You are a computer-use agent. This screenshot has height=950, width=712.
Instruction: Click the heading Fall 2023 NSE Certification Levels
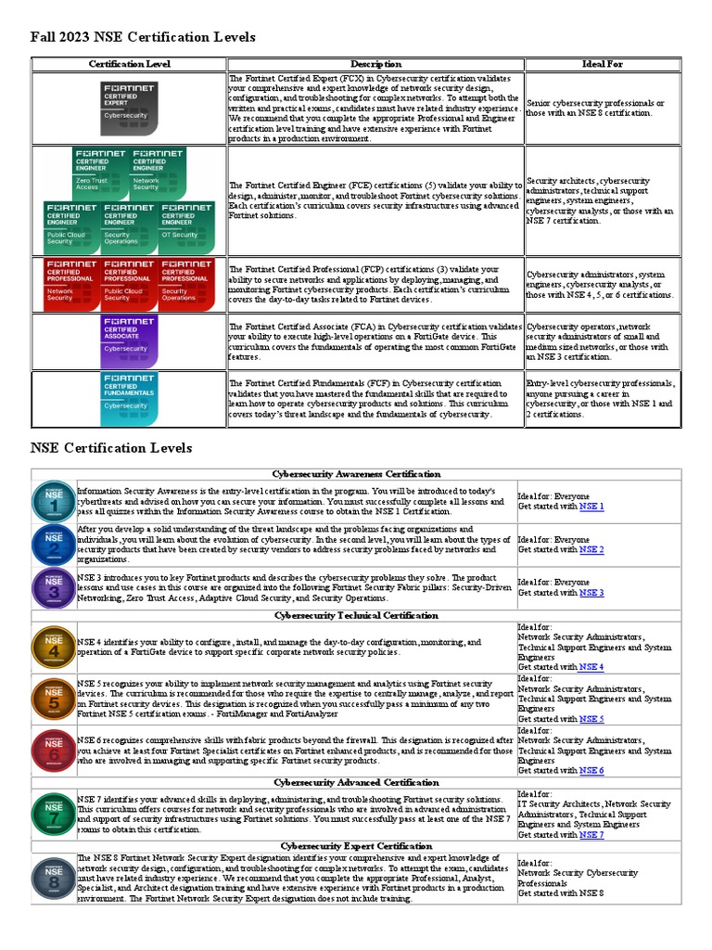[143, 37]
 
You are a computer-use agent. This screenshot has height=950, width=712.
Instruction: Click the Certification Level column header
[129, 64]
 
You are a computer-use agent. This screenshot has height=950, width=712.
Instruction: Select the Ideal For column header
[602, 64]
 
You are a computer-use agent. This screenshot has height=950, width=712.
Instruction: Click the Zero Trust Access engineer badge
[100, 172]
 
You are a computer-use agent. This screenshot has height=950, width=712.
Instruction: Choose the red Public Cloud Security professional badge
[129, 282]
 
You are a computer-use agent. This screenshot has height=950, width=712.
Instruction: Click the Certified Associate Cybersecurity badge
[130, 338]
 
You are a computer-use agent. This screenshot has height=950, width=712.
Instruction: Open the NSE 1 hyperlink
[591, 507]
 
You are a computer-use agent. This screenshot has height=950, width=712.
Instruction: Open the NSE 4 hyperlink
[591, 667]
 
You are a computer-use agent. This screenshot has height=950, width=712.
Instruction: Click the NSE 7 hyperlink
[591, 835]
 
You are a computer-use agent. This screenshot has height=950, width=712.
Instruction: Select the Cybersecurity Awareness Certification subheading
[356, 474]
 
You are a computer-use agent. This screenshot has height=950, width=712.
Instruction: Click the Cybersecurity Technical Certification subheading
[356, 615]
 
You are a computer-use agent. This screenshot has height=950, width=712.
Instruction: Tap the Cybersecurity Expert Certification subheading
[356, 846]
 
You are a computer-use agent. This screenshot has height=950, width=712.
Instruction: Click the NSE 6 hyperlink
[591, 771]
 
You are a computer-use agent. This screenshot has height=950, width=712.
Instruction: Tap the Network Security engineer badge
[159, 172]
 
